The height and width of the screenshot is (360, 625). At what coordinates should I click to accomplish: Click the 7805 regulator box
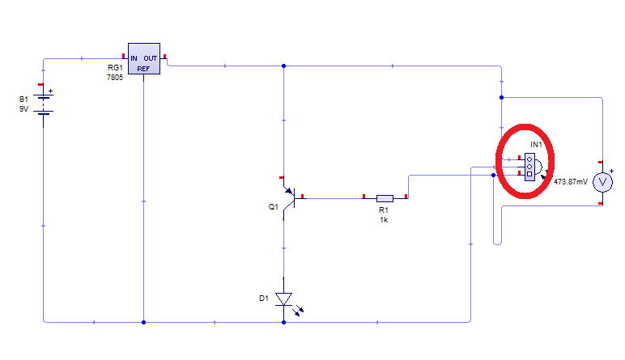(144, 58)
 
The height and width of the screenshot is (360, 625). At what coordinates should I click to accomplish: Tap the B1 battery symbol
(44, 104)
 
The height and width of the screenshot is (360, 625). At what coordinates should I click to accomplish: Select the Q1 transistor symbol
(291, 198)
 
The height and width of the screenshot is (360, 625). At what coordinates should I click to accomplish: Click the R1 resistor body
(385, 198)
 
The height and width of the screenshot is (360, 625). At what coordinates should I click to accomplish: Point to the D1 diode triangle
(284, 299)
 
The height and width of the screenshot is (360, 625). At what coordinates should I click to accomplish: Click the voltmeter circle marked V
(602, 183)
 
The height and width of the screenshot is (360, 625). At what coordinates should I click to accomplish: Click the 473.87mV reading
(571, 181)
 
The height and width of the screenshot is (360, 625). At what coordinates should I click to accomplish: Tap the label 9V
(24, 108)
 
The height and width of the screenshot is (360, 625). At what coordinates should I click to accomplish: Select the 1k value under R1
(384, 220)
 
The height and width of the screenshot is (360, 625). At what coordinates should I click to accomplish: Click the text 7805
(115, 77)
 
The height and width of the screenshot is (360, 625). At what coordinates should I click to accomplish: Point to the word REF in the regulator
(143, 69)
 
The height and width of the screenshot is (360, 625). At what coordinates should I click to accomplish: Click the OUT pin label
(151, 58)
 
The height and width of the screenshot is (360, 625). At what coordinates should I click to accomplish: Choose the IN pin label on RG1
(134, 58)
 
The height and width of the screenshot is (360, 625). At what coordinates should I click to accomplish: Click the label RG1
(115, 68)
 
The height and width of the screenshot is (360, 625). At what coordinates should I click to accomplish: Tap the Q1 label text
(273, 206)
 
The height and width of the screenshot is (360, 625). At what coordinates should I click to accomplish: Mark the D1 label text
(264, 299)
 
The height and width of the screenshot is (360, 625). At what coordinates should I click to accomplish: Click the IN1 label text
(536, 145)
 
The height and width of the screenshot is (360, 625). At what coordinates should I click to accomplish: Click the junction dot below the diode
(284, 322)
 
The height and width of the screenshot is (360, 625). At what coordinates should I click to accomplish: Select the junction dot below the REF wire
(143, 322)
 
